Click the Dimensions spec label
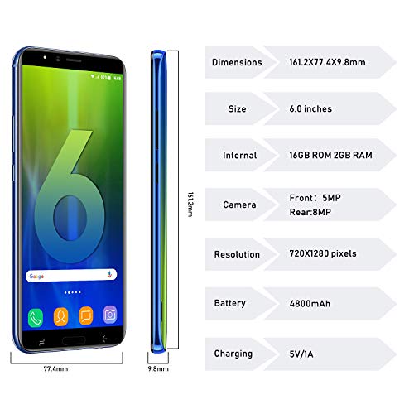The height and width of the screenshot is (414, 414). (237, 62)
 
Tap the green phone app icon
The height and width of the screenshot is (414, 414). (35, 315)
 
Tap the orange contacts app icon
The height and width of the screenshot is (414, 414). (60, 315)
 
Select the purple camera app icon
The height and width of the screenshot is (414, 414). (109, 315)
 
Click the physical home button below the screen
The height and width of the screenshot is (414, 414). (72, 339)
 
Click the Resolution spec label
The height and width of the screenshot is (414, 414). (237, 254)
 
